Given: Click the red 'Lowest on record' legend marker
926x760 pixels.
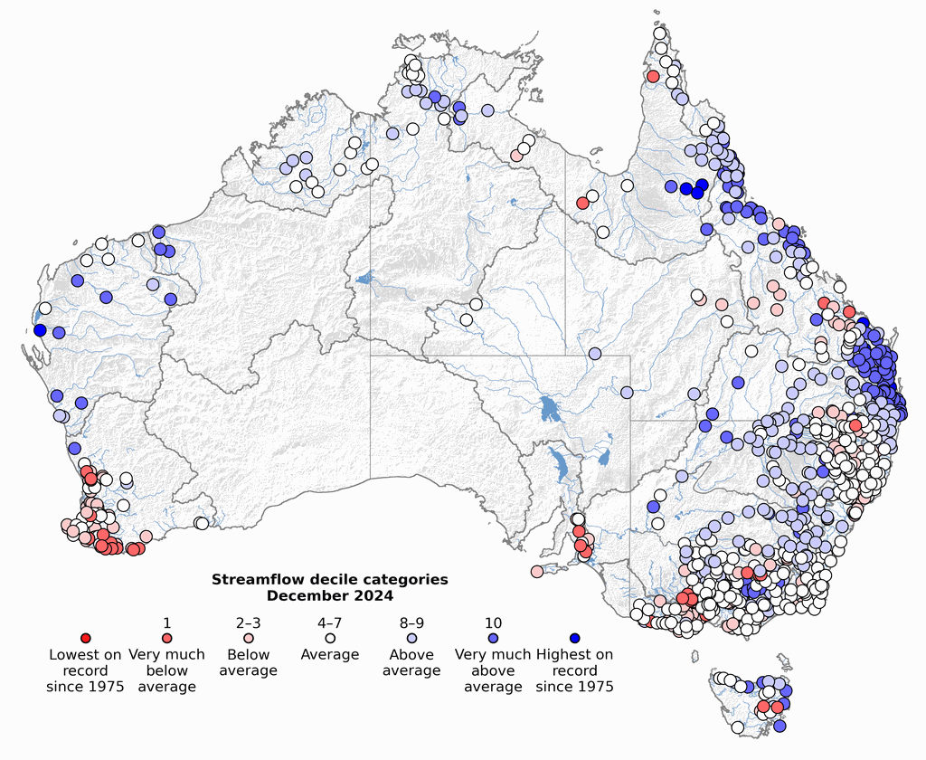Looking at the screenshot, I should coord(86,638).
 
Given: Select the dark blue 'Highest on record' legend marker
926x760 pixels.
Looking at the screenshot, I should coord(574,638).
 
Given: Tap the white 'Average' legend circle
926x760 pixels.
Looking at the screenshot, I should coord(330,638).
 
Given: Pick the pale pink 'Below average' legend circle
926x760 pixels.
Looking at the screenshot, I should coord(249,638).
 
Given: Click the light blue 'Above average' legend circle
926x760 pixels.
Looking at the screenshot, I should coord(411,638).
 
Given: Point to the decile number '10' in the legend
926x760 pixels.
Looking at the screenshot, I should coord(493,622).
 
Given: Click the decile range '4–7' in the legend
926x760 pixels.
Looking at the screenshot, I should coord(330,622).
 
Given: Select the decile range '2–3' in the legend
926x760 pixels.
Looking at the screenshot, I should coord(249,622).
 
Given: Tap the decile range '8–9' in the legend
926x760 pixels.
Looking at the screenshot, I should coord(411,622).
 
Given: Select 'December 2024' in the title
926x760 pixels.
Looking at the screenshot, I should coord(330,595).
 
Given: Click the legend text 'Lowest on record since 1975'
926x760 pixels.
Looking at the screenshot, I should coord(86,670).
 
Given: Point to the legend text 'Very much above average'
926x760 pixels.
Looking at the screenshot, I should coord(493,670).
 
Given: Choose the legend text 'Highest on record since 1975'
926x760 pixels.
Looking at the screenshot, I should coord(574,670).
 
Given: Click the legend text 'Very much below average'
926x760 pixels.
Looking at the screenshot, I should coord(167,670).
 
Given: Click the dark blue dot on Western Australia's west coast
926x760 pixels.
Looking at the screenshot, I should coord(40,329).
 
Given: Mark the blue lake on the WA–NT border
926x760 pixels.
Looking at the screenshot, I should coord(364,280).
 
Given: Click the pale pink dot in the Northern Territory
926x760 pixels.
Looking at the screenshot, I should coord(515,156).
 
